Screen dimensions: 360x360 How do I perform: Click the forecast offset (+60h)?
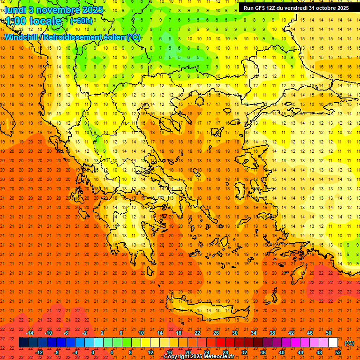(x=81, y=21)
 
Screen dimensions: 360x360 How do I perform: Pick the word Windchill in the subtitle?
(x=22, y=37)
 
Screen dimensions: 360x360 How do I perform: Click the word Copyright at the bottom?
(x=178, y=357)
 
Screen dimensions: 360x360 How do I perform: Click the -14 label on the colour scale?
(x=30, y=333)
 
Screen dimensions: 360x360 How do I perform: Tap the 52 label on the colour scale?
(x=338, y=352)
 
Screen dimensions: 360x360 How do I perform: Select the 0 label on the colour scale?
(x=93, y=352)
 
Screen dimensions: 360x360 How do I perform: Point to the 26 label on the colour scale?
(x=216, y=333)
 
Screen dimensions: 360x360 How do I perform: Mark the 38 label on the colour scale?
(x=272, y=333)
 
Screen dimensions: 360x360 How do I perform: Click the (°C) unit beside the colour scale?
(x=349, y=343)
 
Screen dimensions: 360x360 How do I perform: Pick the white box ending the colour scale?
(x=333, y=343)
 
